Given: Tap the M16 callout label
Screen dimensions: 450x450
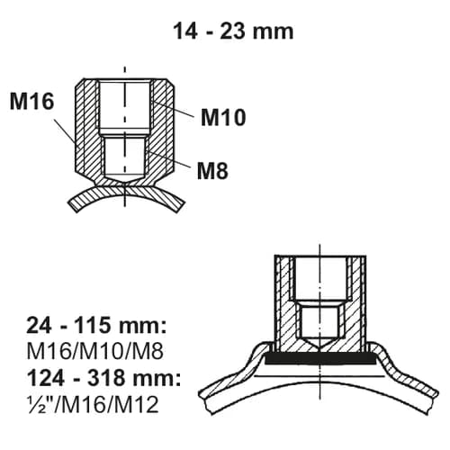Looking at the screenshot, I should coord(33,103).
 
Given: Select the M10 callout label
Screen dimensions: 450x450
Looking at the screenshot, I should coord(224,116).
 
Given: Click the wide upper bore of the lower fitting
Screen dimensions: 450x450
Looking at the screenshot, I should coord(320,279).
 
